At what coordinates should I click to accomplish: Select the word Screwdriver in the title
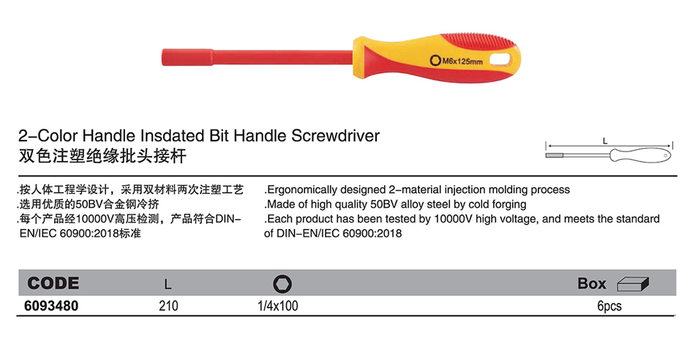336,135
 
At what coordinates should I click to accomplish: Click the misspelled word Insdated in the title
174,135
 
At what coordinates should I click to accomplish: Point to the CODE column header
53,283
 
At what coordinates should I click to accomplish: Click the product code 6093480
51,306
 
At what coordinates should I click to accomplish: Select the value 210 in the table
168,306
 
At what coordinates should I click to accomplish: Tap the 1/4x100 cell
278,306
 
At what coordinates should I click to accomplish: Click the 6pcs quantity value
609,307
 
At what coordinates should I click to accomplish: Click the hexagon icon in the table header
282,284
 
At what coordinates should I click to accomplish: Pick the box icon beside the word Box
634,284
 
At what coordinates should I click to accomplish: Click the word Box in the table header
592,283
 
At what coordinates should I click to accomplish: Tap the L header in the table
168,284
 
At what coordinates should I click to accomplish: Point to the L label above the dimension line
605,141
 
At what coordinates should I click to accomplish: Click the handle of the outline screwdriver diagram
641,155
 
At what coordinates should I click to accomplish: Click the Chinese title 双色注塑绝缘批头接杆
102,156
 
